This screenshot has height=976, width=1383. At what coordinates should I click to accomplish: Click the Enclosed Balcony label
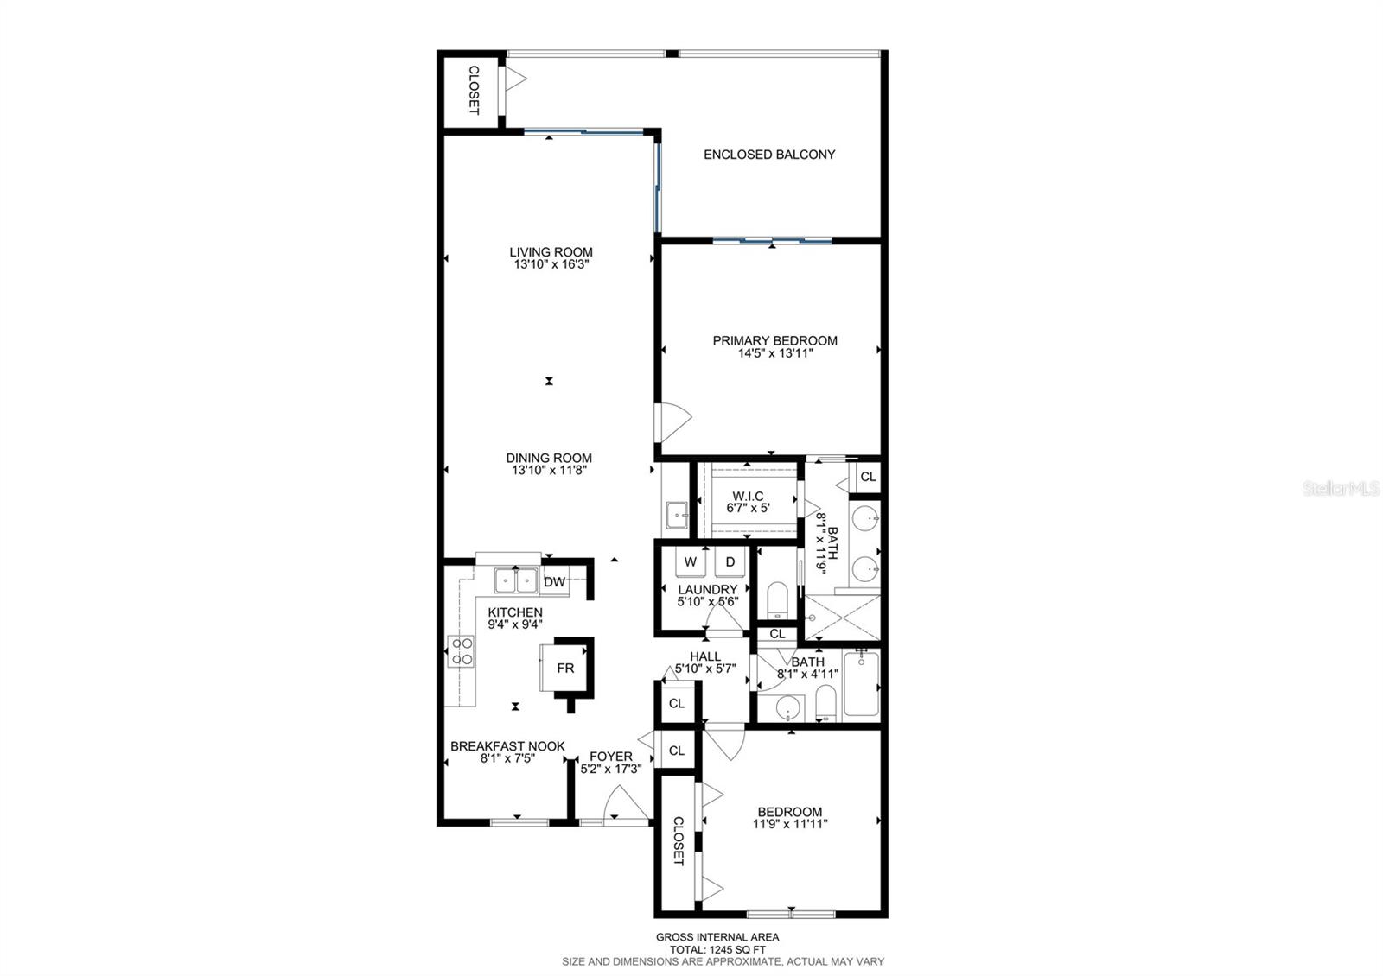tap(769, 155)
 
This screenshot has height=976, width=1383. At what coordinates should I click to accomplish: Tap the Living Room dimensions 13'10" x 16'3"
tap(551, 265)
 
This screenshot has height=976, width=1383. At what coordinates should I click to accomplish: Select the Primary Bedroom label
tap(774, 340)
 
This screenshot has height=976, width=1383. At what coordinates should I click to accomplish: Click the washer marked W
tap(691, 561)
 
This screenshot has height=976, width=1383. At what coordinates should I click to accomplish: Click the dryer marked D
tap(730, 561)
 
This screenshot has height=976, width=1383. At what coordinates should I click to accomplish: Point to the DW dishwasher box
tap(555, 582)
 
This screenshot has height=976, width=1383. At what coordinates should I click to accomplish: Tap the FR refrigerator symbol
tap(564, 669)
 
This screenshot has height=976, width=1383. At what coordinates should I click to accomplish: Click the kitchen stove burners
tap(461, 651)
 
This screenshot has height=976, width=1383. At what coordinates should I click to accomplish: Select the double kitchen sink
tap(516, 581)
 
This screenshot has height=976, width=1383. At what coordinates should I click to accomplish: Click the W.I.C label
tap(748, 496)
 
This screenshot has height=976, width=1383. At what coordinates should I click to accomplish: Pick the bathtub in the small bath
tap(861, 685)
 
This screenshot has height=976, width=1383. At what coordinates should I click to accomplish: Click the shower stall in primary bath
tap(843, 617)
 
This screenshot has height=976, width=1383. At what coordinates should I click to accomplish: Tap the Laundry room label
tap(707, 589)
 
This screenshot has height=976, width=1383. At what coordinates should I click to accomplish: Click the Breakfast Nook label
tap(507, 746)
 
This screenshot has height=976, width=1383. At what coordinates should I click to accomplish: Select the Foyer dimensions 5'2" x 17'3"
tap(611, 769)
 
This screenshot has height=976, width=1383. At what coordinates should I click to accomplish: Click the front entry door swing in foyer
tap(624, 806)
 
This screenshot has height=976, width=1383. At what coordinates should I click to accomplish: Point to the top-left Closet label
tap(474, 90)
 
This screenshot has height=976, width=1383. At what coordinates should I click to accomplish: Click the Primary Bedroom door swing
tap(673, 422)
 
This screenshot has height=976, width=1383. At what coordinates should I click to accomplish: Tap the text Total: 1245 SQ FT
tap(717, 949)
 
